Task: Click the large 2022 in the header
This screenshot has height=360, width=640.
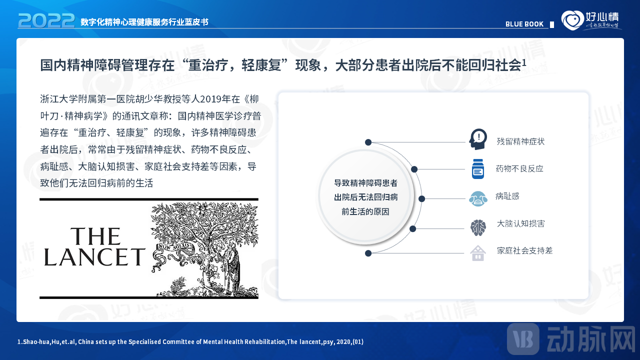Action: click(x=46, y=20)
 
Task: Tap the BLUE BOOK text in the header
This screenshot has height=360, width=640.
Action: click(x=524, y=24)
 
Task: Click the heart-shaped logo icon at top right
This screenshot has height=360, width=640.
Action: click(x=571, y=20)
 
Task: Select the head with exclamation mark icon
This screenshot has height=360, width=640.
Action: click(x=478, y=139)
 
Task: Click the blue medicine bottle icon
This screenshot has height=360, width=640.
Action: click(x=478, y=169)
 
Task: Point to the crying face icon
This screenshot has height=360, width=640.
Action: click(x=478, y=198)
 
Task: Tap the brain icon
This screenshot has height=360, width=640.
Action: click(x=478, y=227)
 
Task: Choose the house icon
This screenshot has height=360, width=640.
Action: click(x=478, y=253)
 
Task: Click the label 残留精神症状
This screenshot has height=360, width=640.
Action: click(x=520, y=141)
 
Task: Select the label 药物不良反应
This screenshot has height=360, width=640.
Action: click(x=519, y=169)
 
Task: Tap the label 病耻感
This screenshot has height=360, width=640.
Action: click(x=507, y=196)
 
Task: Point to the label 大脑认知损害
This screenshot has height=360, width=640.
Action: click(x=520, y=223)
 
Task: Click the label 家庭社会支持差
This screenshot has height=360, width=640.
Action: click(x=524, y=250)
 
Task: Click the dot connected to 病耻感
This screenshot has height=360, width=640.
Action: click(x=421, y=198)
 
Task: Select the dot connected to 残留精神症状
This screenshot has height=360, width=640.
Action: click(x=368, y=142)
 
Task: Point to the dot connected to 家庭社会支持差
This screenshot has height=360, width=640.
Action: click(x=368, y=253)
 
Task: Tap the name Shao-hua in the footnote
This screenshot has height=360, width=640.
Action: click(x=33, y=342)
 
